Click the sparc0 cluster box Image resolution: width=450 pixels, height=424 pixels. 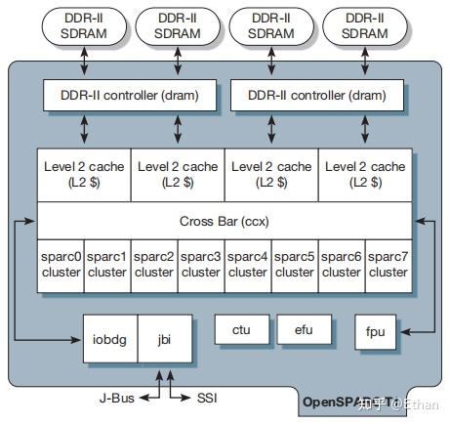tap(61, 264)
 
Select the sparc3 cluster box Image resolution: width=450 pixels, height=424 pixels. tap(201, 264)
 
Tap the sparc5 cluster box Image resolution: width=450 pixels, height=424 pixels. tap(295, 264)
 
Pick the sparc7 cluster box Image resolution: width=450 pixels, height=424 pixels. tap(388, 264)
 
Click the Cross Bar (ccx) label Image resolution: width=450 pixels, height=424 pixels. tap(224, 220)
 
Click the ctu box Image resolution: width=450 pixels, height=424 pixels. tap(241, 330)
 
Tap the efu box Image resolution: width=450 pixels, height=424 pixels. tap(303, 330)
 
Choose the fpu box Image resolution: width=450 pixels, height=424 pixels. tap(376, 332)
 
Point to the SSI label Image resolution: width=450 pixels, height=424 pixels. tap(206, 398)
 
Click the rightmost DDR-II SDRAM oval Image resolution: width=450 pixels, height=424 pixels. tap(363, 26)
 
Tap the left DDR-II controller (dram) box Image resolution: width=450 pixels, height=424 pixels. tap(130, 95)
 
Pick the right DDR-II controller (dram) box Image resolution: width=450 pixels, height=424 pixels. tap(317, 95)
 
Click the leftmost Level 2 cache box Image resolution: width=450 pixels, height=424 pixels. tap(84, 174)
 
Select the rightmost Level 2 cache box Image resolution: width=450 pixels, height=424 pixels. tap(364, 174)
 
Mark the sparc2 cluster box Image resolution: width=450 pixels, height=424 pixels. tap(154, 264)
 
